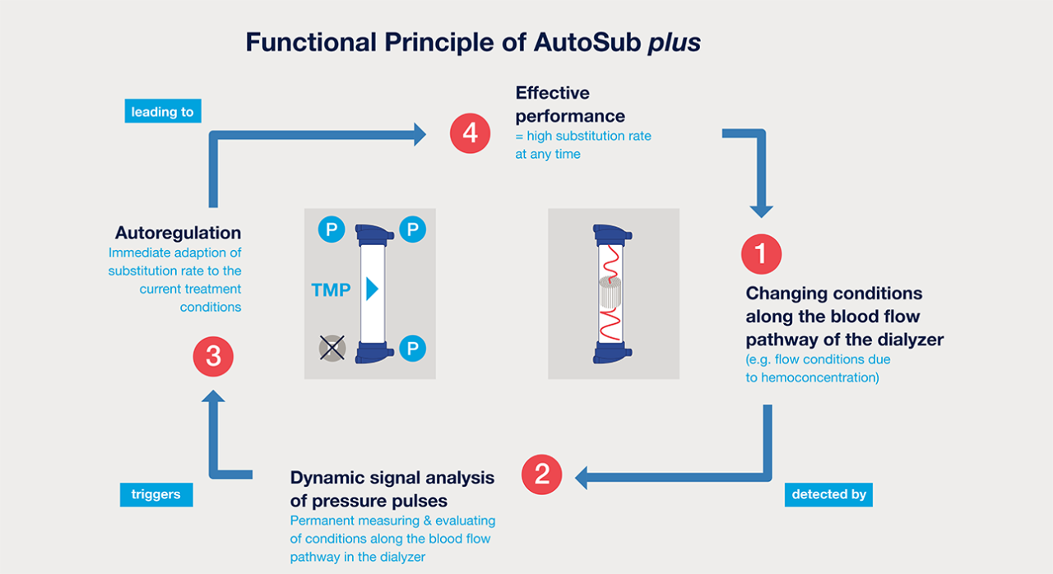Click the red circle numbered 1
(761, 254)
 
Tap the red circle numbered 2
(542, 474)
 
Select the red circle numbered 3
(213, 357)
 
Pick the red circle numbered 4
(470, 133)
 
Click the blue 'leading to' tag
(163, 111)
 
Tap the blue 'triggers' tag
(155, 494)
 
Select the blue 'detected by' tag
(828, 494)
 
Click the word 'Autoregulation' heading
(179, 233)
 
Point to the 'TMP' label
(331, 289)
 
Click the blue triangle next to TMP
(372, 289)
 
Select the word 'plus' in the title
(674, 43)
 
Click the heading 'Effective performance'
(570, 104)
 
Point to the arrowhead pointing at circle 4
(420, 134)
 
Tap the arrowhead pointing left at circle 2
(582, 475)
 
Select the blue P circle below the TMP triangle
(412, 349)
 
